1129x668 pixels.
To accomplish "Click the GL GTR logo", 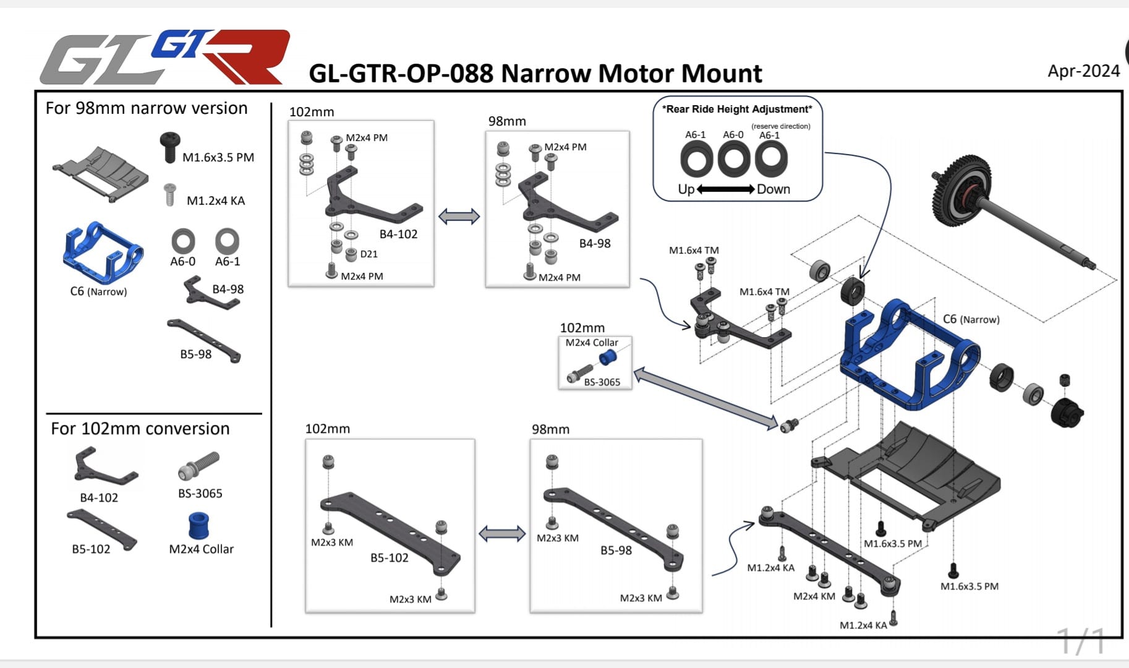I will point(164,57).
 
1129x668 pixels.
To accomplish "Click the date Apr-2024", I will point(1083,71).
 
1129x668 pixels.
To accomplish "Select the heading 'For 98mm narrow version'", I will point(147,108).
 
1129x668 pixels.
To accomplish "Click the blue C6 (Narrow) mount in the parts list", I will point(103,254).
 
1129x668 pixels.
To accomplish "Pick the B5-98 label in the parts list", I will point(196,354).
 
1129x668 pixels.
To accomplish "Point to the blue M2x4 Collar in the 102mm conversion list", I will point(198,525).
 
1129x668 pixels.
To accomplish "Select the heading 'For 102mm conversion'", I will point(140,429).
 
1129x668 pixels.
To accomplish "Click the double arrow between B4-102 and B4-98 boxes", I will point(459,216).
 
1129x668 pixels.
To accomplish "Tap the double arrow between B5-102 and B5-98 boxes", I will point(502,533).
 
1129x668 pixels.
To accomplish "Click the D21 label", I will point(369,254).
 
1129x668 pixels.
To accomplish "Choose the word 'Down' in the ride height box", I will point(773,189).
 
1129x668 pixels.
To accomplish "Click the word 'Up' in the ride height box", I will point(686,189).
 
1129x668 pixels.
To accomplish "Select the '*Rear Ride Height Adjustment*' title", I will point(737,109).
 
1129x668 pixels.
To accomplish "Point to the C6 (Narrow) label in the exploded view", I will point(971,319).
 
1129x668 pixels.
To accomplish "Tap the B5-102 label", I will point(390,558).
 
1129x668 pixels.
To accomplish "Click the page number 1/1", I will point(1081,641).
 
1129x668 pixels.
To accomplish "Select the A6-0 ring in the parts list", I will point(183,241).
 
